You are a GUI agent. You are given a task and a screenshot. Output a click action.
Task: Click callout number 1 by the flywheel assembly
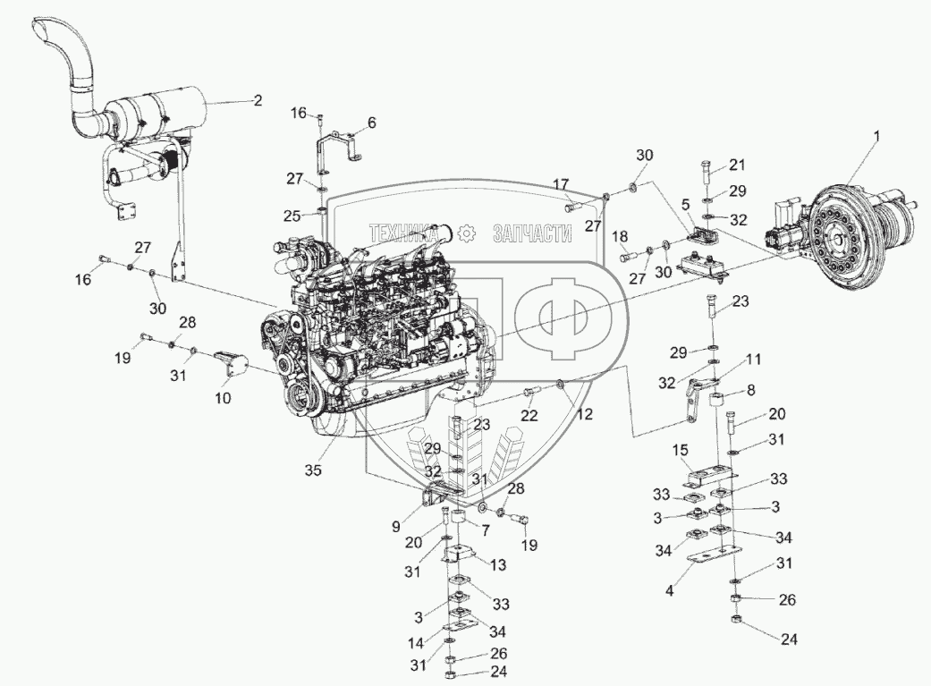click(877, 137)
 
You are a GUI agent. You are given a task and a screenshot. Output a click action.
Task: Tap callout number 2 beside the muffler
click(257, 100)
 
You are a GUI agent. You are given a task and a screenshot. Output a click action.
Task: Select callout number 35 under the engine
click(313, 470)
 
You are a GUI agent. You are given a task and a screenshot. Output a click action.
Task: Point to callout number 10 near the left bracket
click(223, 397)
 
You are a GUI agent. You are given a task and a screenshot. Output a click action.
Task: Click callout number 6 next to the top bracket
click(372, 123)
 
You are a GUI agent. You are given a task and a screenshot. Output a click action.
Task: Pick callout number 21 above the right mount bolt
click(737, 165)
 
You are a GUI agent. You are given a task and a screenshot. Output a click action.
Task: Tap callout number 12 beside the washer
click(584, 413)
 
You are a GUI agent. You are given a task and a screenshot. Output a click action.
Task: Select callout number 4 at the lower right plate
click(669, 591)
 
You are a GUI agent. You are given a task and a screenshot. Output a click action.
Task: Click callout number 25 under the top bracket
click(292, 216)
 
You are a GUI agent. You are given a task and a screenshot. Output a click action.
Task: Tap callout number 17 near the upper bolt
click(561, 185)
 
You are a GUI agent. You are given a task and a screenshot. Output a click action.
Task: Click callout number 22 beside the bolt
click(529, 415)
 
